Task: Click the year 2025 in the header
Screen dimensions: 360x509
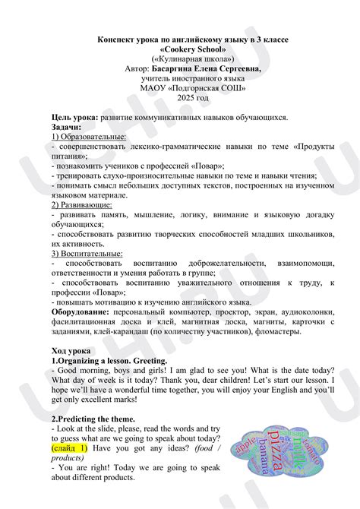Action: click(180, 99)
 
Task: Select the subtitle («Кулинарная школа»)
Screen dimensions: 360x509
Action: click(180, 58)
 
